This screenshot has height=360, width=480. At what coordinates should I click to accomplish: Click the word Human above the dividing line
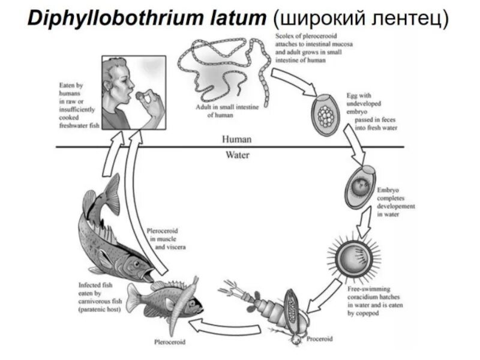click(237, 139)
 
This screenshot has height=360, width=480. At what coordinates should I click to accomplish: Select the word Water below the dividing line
click(237, 155)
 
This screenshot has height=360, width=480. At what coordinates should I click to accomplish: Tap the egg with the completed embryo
click(360, 188)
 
